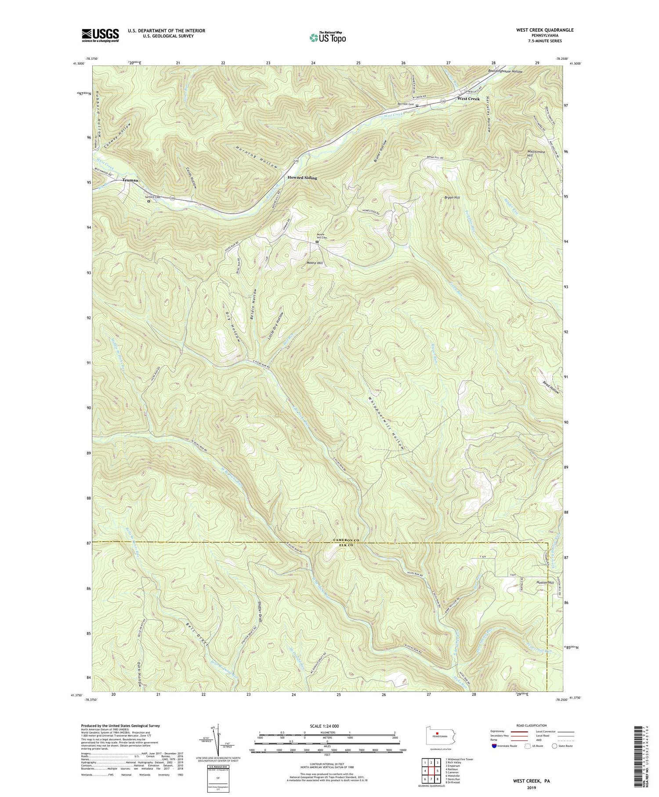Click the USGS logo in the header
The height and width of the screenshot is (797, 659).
[100, 35]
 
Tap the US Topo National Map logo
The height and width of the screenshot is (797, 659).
[327, 37]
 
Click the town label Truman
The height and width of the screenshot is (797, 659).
[130, 180]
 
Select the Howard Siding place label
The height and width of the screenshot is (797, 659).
[302, 178]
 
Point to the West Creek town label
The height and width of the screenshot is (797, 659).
[468, 99]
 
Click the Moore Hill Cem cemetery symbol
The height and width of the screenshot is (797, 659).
[316, 242]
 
